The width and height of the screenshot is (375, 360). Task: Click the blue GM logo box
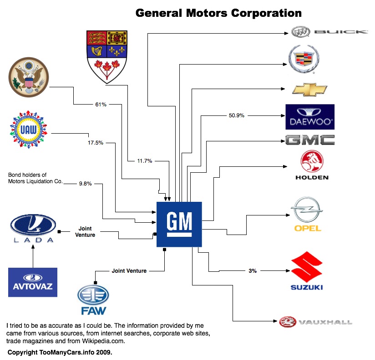(x=179, y=224)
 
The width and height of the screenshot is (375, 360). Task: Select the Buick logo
(x=329, y=32)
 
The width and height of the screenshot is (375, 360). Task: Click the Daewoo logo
(x=309, y=117)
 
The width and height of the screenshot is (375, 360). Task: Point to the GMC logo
(x=309, y=140)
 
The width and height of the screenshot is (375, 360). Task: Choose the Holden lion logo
(x=311, y=165)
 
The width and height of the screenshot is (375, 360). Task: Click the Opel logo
(x=308, y=214)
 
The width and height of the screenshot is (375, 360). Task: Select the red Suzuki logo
(x=306, y=272)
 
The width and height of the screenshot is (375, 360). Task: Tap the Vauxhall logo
(x=316, y=322)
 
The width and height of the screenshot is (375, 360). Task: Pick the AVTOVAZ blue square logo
(x=33, y=282)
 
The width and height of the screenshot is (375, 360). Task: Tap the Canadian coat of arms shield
(x=107, y=56)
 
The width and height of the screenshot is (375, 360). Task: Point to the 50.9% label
(x=236, y=115)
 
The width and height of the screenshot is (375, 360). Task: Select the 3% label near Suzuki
(x=252, y=271)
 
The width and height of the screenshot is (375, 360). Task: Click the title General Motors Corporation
(x=218, y=13)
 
